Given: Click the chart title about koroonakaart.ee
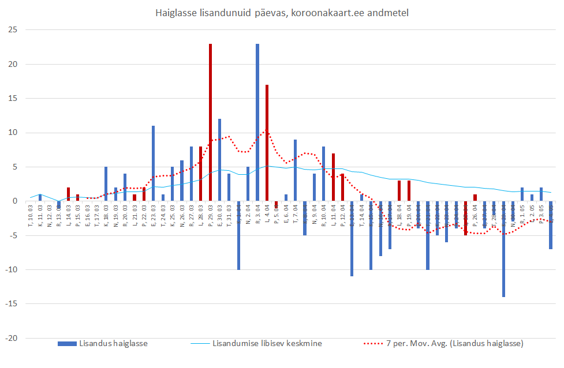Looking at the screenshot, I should pos(282,13).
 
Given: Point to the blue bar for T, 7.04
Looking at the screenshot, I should pos(295,170).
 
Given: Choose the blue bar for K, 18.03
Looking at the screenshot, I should pos(106,184).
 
